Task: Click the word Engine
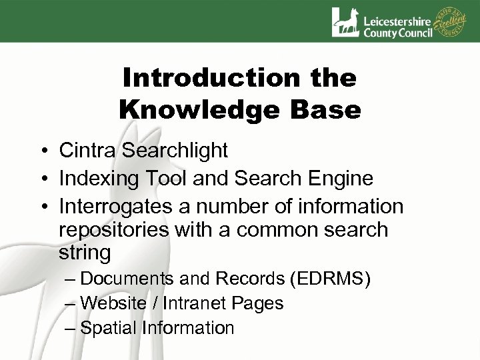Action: coord(341,178)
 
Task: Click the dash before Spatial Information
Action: coord(71,328)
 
